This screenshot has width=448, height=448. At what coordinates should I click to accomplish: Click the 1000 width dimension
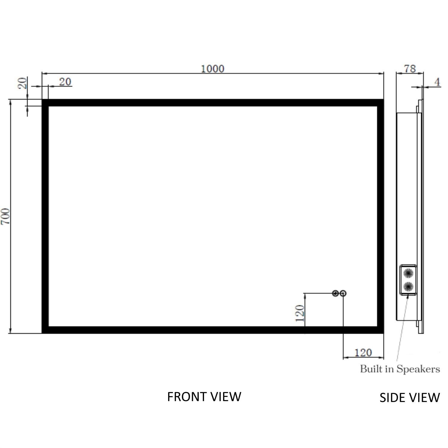212,69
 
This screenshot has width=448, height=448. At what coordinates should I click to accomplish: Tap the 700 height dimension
6,217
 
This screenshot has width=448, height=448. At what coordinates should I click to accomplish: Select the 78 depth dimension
410,69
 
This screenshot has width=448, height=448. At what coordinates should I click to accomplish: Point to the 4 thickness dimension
437,82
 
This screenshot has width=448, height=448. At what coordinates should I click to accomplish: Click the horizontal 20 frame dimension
65,82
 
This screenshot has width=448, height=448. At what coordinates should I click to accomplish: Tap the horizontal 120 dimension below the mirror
363,353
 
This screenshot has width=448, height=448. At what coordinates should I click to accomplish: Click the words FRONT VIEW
204,397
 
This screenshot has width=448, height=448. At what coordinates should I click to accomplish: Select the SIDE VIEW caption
409,398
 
